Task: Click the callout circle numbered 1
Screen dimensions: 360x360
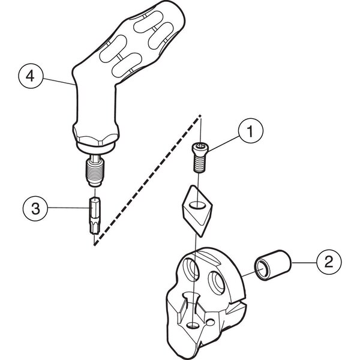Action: [251, 131]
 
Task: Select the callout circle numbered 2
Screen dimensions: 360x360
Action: [329, 262]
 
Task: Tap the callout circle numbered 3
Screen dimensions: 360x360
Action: [35, 209]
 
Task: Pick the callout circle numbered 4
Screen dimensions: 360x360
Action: [31, 76]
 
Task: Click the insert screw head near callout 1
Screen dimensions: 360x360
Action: [200, 148]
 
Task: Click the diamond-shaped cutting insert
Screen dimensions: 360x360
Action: [197, 211]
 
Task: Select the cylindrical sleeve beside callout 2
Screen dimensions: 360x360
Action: [272, 265]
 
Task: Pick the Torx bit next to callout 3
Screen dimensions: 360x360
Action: [94, 215]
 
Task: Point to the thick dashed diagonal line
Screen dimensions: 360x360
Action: [148, 180]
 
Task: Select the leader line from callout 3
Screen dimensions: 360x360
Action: [68, 208]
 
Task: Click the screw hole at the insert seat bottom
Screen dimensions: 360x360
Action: [193, 325]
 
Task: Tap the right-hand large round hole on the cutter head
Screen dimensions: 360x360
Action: [216, 283]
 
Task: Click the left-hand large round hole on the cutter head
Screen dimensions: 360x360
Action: [191, 269]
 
